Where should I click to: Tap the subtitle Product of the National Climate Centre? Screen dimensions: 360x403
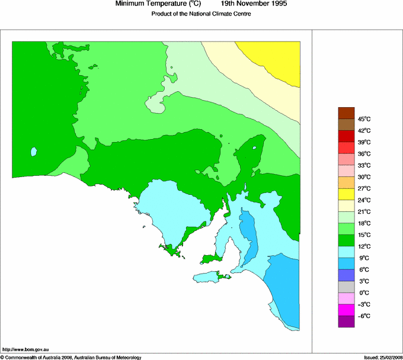click(201, 14)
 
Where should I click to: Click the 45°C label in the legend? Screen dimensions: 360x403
click(364, 119)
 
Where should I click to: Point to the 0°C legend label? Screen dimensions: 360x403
click(364, 292)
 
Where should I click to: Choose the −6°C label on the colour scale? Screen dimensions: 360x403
click(364, 316)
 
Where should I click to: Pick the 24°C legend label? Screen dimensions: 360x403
click(364, 200)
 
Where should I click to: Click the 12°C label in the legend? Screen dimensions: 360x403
click(364, 246)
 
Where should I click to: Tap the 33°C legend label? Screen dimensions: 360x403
click(364, 165)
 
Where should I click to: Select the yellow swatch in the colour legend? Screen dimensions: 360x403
click(346, 194)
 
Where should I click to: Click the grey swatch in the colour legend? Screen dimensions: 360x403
click(346, 287)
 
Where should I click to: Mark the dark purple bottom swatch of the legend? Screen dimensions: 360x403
click(346, 322)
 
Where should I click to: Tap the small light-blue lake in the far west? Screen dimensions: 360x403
click(34, 152)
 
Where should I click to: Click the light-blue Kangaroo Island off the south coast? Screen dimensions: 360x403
click(207, 277)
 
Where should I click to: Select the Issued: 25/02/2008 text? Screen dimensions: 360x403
click(382, 357)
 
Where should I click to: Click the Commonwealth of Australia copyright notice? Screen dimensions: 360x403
click(71, 357)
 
